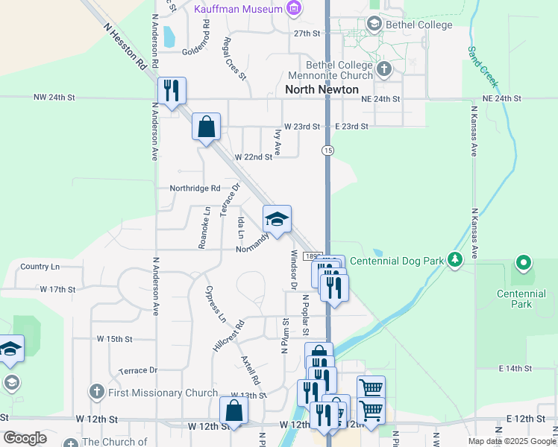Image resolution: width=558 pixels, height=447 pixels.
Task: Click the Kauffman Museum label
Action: coord(238,9)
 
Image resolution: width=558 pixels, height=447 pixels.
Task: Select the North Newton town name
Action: coord(316,89)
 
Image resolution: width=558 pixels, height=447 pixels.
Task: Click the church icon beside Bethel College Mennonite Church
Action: coord(384,70)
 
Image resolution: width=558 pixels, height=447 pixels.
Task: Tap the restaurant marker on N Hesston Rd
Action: coord(172,92)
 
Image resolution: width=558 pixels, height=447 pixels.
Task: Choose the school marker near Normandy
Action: coord(277,220)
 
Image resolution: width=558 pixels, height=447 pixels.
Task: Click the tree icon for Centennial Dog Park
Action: coord(453,260)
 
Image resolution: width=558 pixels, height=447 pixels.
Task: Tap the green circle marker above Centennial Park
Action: coord(524,263)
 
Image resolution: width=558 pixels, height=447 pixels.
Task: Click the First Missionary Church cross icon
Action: coord(95,392)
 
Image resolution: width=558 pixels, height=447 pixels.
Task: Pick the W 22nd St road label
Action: coord(254,157)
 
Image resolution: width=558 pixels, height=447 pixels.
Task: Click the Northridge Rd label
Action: coord(195,188)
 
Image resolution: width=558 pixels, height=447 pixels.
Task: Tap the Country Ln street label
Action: coord(40,266)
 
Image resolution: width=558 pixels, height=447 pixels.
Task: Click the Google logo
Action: coord(25,438)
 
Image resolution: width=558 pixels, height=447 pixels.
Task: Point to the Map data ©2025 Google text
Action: coord(511,441)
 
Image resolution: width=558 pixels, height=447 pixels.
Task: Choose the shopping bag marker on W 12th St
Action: coord(234,410)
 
